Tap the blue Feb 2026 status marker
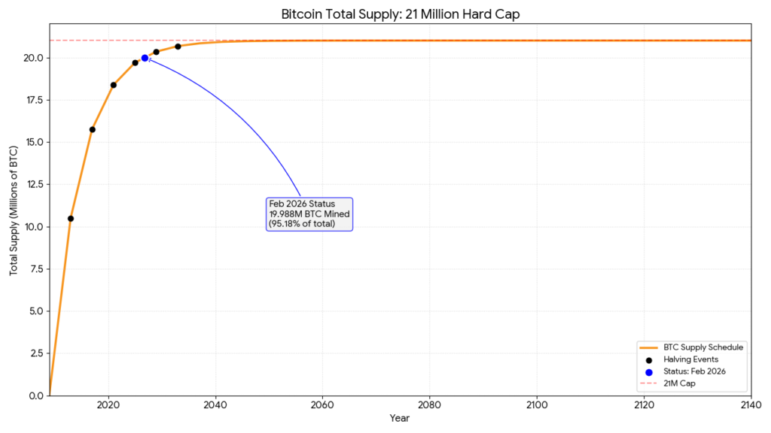pos(145,58)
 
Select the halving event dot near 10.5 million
pos(71,219)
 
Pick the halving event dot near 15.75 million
pos(93,129)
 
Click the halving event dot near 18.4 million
pos(114,85)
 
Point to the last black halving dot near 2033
pos(178,47)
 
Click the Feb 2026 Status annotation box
pos(309,214)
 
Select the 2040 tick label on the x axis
pos(216,406)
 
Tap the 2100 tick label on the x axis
pos(537,406)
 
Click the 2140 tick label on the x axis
pos(751,406)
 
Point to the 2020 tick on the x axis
pos(109,406)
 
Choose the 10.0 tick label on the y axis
pos(35,227)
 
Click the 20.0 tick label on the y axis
pos(35,58)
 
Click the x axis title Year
pos(400,419)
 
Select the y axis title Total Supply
pos(14,210)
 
